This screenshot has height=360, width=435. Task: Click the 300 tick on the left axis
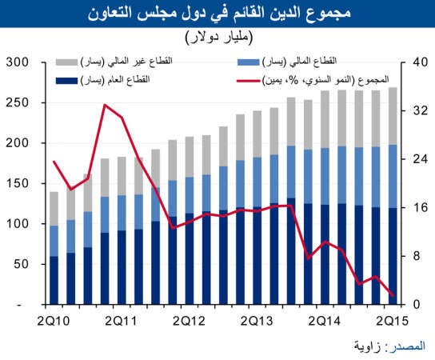18,62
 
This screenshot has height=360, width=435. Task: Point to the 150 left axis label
18,183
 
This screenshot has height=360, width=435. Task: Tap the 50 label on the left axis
22,264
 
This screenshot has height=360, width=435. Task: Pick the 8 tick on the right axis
417,256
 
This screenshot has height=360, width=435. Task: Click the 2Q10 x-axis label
54,321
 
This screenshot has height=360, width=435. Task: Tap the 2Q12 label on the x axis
189,321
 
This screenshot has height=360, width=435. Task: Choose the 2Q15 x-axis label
393,321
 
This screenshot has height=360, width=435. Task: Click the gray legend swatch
66,62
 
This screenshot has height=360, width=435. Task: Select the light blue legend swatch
249,62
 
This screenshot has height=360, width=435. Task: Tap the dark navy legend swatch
66,81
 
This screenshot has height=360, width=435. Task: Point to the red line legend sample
249,81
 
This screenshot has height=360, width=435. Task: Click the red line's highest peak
105,105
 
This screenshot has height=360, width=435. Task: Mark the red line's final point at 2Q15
393,296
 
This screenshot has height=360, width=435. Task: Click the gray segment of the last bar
393,116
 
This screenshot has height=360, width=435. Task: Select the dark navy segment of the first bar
54,280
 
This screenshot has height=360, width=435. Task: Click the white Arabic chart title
219,13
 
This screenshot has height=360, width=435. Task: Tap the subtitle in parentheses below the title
219,38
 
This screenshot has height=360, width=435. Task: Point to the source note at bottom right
389,346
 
